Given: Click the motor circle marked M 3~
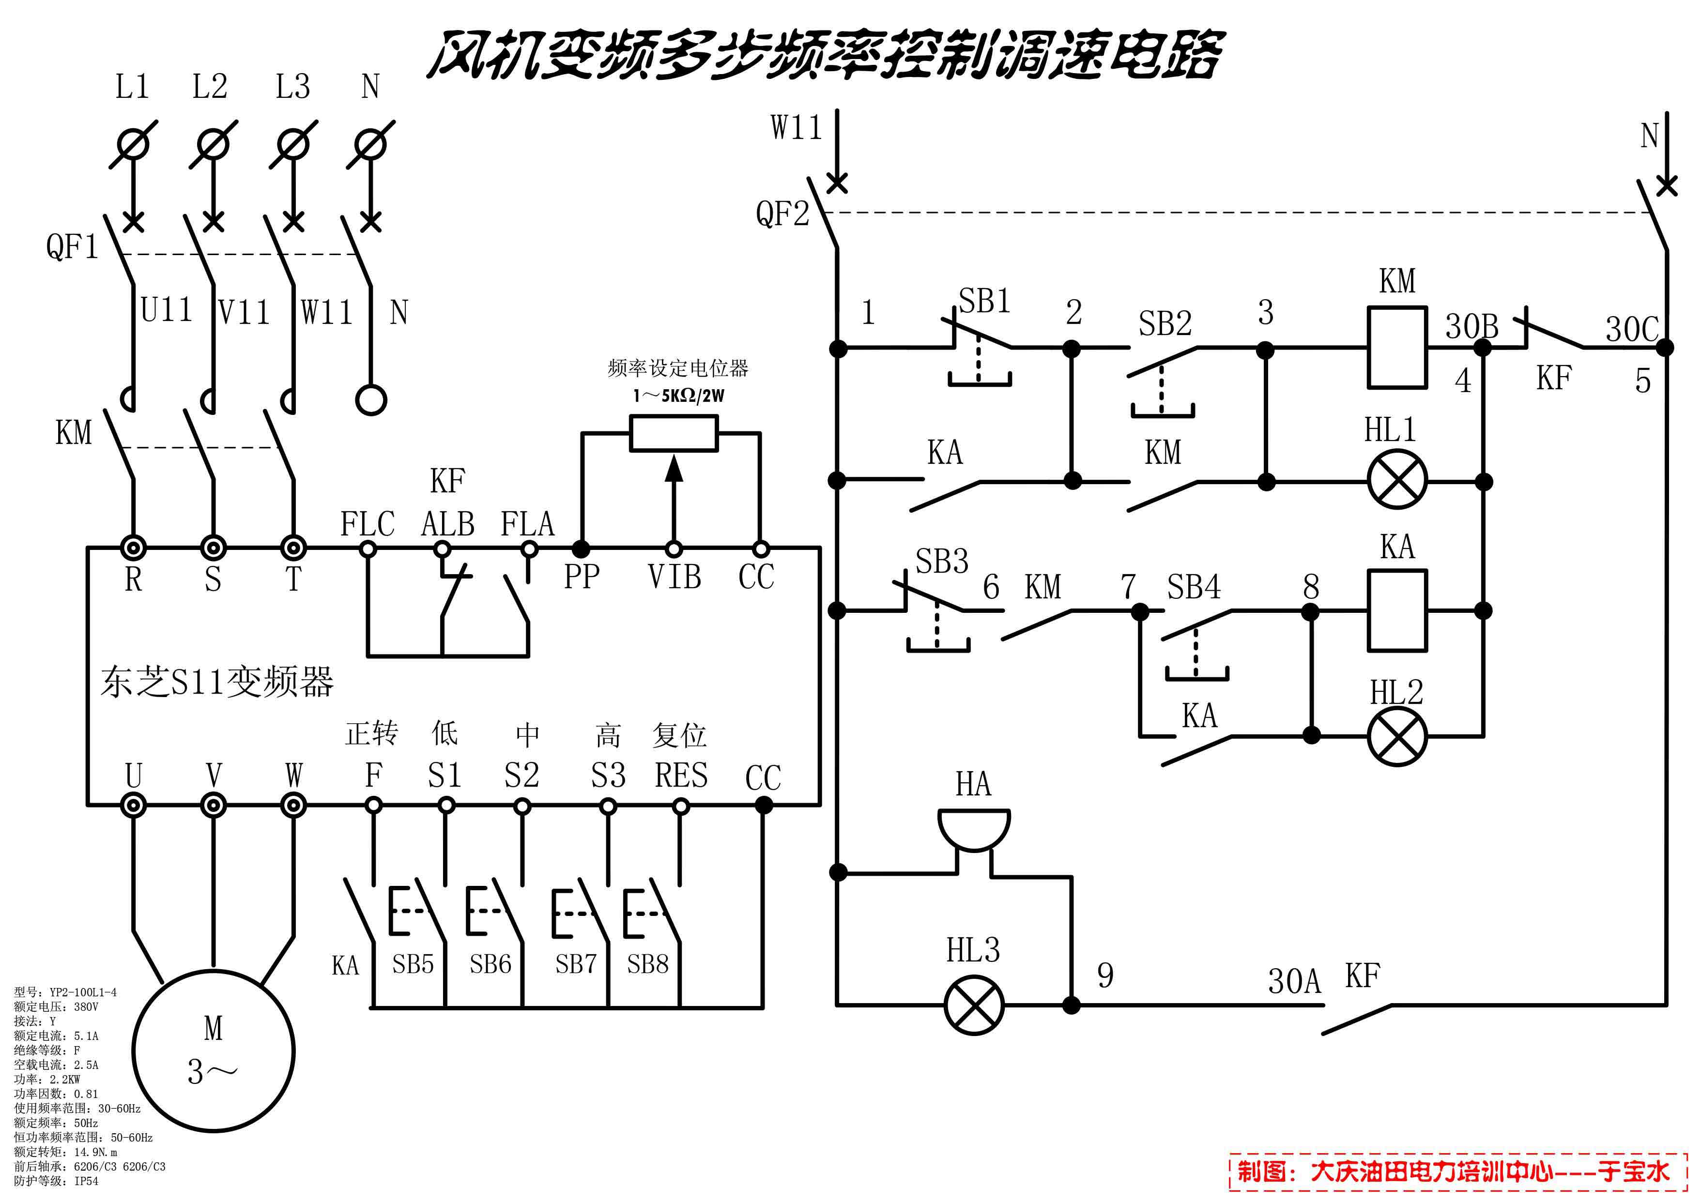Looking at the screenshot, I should pyautogui.click(x=214, y=1051).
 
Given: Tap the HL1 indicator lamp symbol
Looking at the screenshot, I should pyautogui.click(x=1396, y=482).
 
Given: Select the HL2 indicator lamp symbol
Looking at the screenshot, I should pyautogui.click(x=1396, y=736).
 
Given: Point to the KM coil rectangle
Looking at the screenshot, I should pyautogui.click(x=1396, y=348).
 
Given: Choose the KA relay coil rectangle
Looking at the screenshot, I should pyautogui.click(x=1396, y=610).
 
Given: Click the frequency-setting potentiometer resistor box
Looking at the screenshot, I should pyautogui.click(x=674, y=433).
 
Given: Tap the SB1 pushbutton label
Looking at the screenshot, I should pyautogui.click(x=984, y=302).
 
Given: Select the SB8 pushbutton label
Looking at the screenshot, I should pyautogui.click(x=647, y=964).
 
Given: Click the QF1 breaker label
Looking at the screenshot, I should pyautogui.click(x=72, y=247).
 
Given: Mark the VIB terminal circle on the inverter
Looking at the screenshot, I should pyautogui.click(x=674, y=549).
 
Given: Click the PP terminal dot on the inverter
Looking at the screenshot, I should pyautogui.click(x=582, y=549).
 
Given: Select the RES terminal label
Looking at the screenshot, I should pyautogui.click(x=681, y=776).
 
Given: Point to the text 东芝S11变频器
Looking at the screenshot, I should pyautogui.click(x=217, y=682).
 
